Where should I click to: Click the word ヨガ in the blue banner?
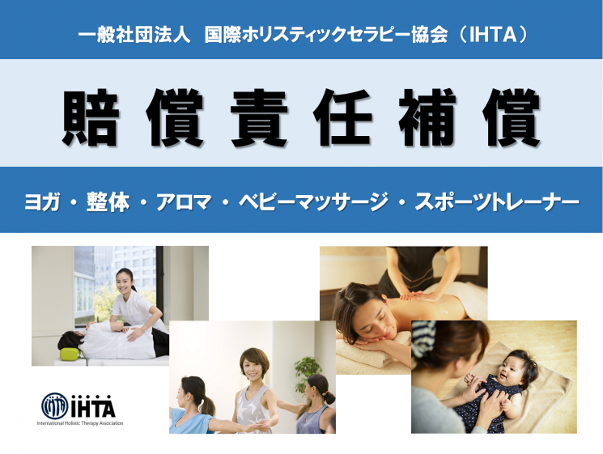click(x=41, y=202)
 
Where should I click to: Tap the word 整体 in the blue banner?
click(x=108, y=202)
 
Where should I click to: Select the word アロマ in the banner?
click(x=184, y=202)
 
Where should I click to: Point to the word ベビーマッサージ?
click(x=313, y=202)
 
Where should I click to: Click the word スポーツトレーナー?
click(x=497, y=202)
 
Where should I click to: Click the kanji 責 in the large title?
click(x=258, y=117)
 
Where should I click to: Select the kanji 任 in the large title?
click(x=342, y=117)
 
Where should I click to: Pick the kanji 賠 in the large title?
click(x=91, y=117)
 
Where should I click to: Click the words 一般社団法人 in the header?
click(x=134, y=35)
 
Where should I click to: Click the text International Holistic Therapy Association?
click(x=80, y=423)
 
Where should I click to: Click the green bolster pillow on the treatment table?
click(x=70, y=353)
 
